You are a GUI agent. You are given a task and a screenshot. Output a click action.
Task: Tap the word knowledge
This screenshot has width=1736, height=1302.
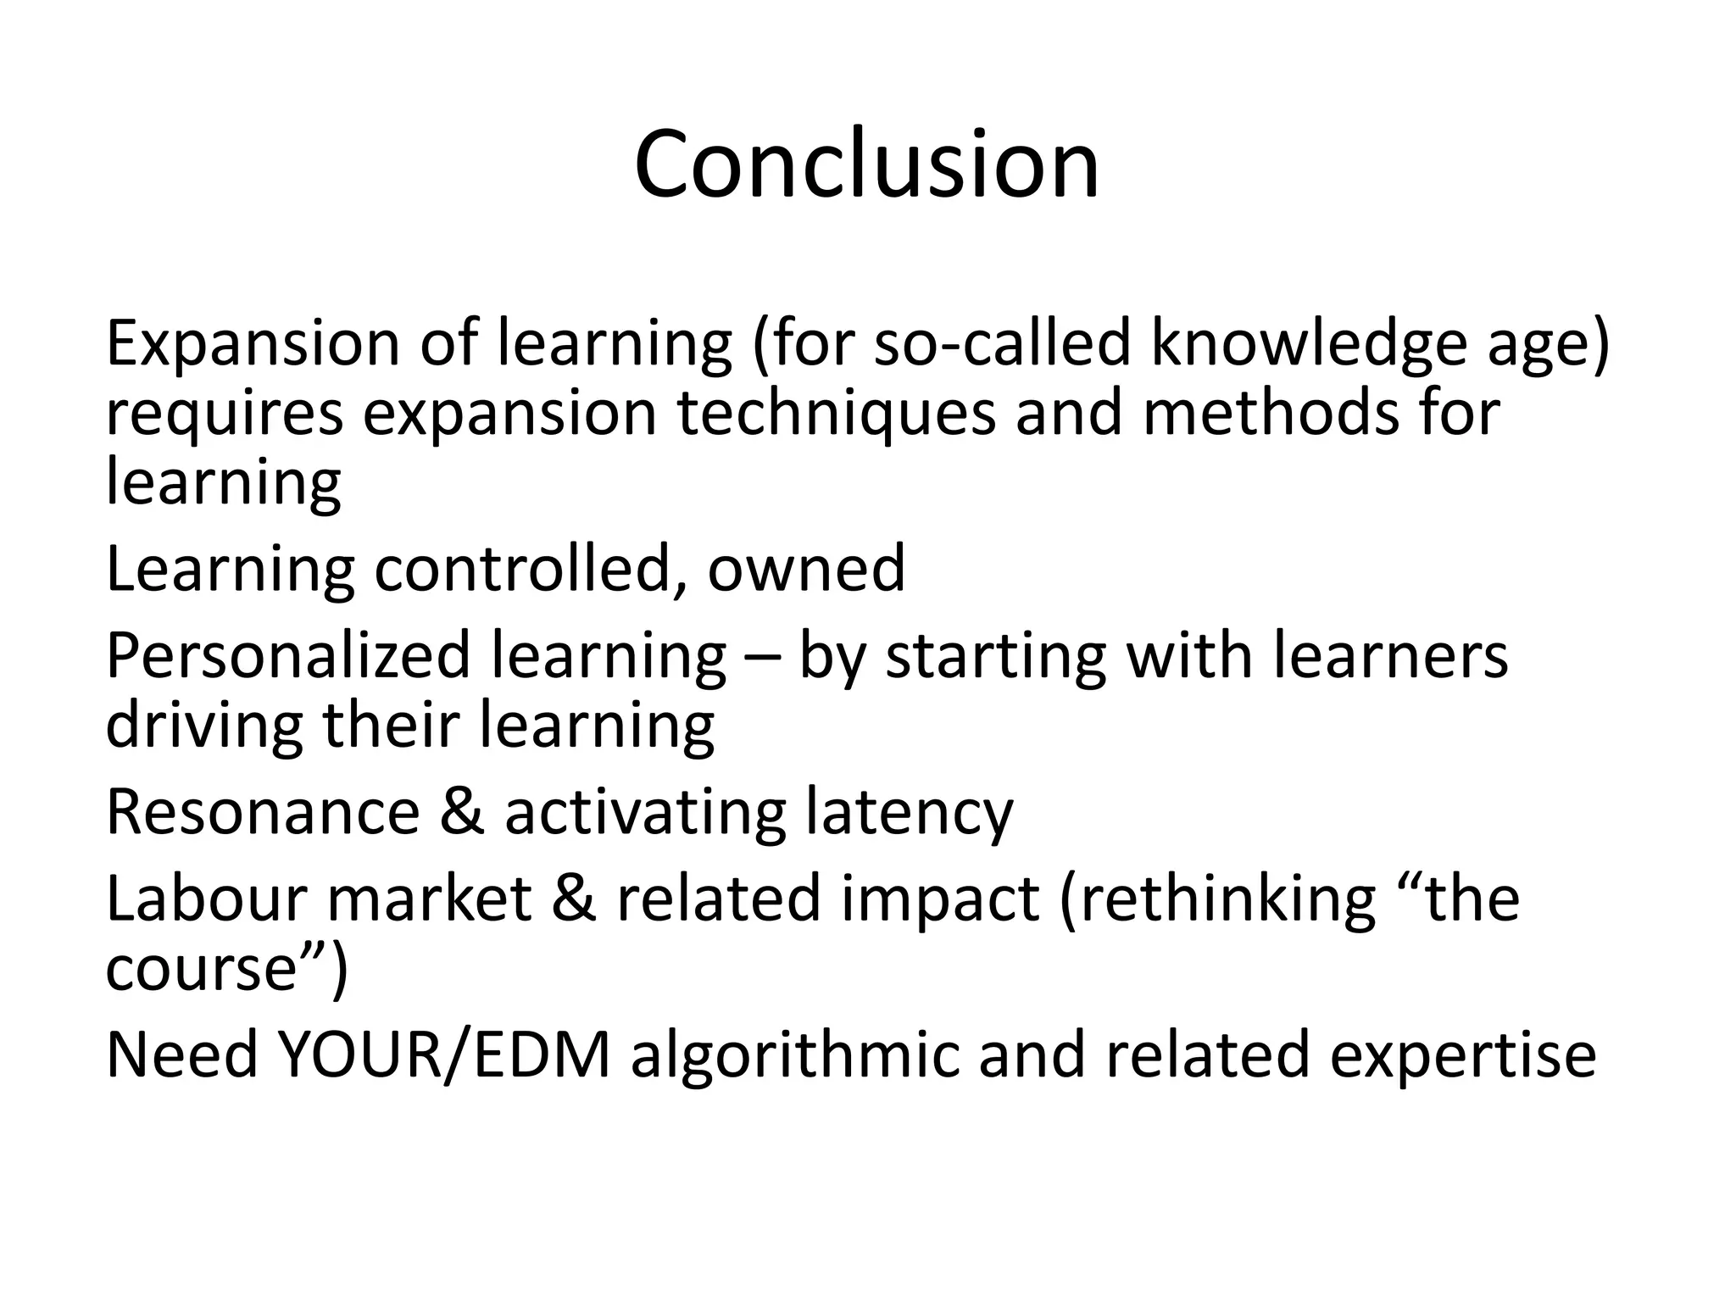(x=1306, y=343)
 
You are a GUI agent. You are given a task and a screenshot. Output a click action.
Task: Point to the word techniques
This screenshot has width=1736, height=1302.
(x=836, y=414)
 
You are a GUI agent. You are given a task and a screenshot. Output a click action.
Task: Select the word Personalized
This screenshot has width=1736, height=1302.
(x=288, y=656)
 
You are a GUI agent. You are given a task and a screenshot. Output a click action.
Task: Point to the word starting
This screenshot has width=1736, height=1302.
(x=995, y=656)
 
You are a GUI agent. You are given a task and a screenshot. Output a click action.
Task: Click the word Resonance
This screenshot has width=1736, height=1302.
(x=263, y=812)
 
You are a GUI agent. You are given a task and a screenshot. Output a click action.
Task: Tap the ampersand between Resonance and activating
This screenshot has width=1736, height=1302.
(x=462, y=812)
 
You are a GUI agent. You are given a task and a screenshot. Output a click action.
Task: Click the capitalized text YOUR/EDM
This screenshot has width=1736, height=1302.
(x=444, y=1054)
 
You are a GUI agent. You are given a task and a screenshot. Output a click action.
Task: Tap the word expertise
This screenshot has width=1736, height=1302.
(x=1462, y=1056)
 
